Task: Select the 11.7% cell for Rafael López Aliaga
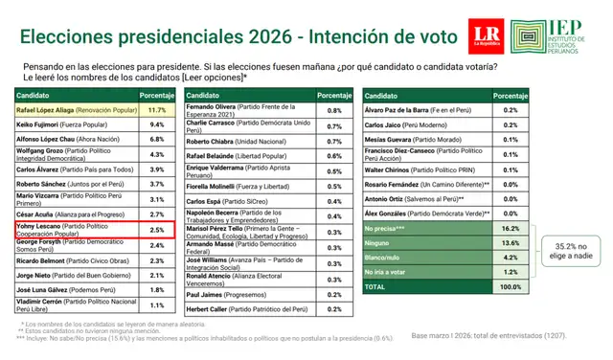(x=157, y=111)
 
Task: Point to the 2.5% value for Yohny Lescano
(x=157, y=231)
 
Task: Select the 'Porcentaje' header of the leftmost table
(x=157, y=96)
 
